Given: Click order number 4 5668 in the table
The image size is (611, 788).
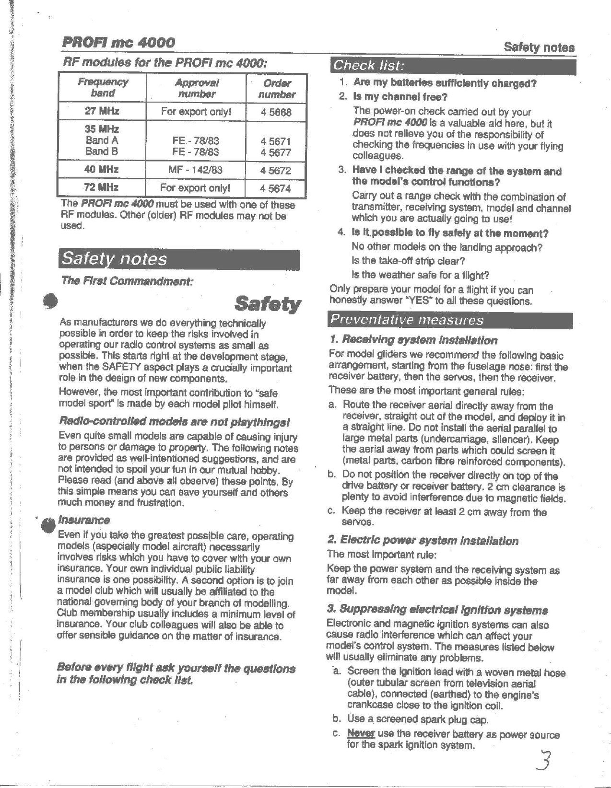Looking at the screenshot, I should (x=276, y=112).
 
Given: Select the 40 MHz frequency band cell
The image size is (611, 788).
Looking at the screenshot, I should (x=102, y=169).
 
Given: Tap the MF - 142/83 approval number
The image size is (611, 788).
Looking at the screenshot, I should (x=195, y=170).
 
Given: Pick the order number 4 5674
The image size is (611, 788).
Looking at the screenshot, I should (x=276, y=188).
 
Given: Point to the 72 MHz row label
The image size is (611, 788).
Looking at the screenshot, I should (x=102, y=187).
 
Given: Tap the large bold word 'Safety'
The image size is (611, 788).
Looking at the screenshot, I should (x=268, y=304).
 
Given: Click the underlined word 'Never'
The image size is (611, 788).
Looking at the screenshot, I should (x=361, y=734).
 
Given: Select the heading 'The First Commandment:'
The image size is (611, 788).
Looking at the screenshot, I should (x=127, y=281).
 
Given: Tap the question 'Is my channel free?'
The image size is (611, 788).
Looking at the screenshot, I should (x=400, y=97).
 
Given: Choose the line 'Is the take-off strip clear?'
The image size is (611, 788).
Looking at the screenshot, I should (x=408, y=261).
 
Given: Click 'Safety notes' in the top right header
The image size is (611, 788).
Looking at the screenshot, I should (x=539, y=47).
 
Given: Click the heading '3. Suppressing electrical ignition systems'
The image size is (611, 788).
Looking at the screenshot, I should (x=437, y=610).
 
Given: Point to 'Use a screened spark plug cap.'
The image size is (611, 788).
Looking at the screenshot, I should (x=417, y=719).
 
